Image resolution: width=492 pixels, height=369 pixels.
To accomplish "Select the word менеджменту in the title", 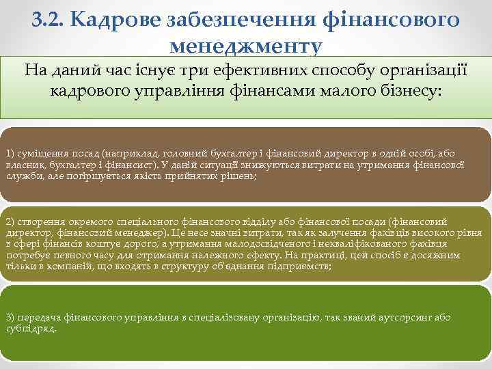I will click(x=246, y=46).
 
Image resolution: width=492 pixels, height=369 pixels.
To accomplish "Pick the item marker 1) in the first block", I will click(x=11, y=153).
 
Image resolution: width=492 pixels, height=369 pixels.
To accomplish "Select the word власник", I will click(x=23, y=165).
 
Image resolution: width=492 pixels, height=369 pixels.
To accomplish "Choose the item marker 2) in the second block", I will click(x=11, y=221).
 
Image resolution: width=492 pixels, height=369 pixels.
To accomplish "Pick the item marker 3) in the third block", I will click(x=11, y=317).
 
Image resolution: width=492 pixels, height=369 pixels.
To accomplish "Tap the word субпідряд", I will click(x=30, y=328).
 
